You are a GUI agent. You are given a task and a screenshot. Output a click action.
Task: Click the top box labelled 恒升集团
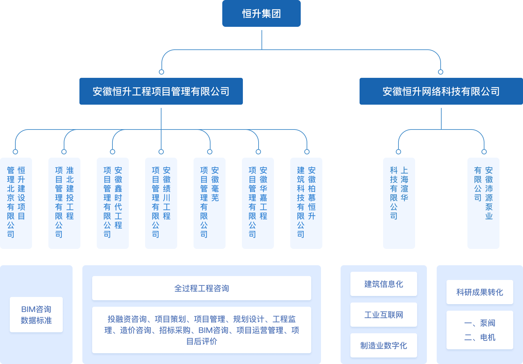[x=261, y=13]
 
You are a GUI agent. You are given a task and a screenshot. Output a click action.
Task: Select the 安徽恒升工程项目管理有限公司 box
[x=161, y=91]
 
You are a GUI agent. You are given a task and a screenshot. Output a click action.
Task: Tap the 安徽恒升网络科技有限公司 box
[x=441, y=91]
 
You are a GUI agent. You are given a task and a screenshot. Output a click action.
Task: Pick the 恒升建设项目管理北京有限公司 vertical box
[x=16, y=203]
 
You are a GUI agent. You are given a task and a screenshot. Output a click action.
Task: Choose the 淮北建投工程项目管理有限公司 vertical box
[x=64, y=203]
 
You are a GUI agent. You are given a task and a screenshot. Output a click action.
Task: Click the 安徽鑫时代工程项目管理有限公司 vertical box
[x=113, y=203]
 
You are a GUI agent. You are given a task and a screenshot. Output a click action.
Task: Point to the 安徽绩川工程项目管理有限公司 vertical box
[x=161, y=203]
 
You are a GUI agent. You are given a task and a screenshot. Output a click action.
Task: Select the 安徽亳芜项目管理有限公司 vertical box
[x=210, y=203]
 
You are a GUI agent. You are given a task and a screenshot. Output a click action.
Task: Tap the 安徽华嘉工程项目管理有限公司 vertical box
[x=258, y=203]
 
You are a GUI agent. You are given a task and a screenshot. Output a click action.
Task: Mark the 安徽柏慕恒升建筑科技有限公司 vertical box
[x=306, y=203]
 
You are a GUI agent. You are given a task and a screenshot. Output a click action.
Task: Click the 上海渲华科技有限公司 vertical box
[x=399, y=203]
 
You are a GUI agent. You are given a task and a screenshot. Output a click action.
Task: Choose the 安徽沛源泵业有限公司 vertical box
[x=483, y=203]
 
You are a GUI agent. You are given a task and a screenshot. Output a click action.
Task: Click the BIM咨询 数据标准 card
[x=36, y=315]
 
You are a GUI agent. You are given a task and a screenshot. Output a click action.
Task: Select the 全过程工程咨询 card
[x=202, y=288]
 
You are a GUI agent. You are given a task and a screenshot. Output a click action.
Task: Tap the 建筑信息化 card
[x=384, y=284]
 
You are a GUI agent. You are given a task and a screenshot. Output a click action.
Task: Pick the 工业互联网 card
[x=384, y=315]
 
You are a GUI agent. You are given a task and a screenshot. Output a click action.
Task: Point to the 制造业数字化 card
[x=384, y=345]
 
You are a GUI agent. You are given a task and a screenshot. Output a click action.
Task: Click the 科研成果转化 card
[x=480, y=292]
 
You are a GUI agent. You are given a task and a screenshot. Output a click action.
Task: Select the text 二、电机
[x=480, y=338]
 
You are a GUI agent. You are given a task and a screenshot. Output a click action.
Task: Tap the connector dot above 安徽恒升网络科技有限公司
[x=441, y=72]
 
